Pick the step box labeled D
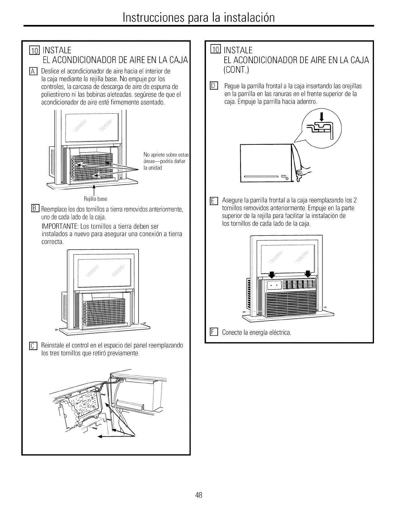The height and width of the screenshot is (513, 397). [213, 86]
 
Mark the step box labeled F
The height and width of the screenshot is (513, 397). [213, 332]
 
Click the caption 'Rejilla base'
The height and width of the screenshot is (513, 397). [95, 199]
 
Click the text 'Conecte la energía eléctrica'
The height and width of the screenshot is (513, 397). [256, 333]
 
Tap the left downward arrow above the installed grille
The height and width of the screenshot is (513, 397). [272, 274]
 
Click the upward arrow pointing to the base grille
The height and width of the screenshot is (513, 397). [94, 190]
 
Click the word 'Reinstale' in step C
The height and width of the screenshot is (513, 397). [52, 345]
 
